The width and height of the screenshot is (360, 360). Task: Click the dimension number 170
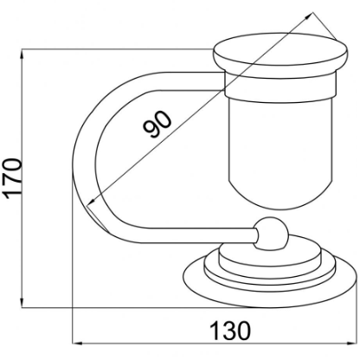click(14, 179)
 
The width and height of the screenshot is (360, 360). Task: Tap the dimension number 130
click(230, 331)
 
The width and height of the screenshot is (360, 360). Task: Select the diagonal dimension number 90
click(157, 125)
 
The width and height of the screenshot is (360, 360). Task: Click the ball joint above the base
click(272, 234)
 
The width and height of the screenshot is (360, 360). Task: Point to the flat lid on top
click(280, 55)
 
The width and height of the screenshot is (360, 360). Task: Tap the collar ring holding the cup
click(280, 86)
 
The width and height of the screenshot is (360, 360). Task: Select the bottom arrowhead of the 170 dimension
click(22, 302)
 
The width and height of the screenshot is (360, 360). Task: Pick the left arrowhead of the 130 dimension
click(78, 344)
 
